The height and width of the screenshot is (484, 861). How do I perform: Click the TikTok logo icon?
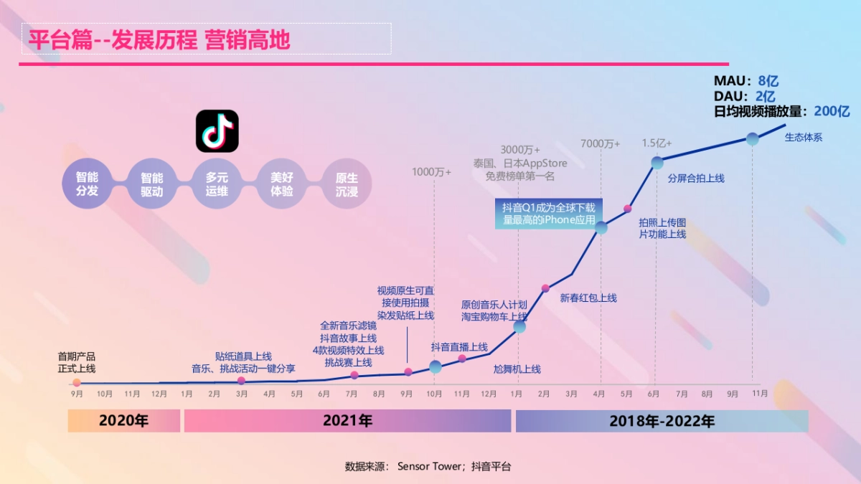[x=217, y=131]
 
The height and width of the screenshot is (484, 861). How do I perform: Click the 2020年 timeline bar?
[x=123, y=421]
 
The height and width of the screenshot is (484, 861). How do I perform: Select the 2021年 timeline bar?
[x=347, y=421]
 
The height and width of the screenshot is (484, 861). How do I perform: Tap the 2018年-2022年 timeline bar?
[x=662, y=421]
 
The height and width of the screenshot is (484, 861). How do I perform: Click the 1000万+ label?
[x=431, y=172]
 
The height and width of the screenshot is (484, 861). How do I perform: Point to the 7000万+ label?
[x=600, y=143]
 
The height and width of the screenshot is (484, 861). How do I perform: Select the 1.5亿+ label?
[x=657, y=143]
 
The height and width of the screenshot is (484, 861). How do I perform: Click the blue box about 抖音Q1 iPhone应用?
[x=549, y=214]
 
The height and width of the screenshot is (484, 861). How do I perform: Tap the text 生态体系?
[x=804, y=138]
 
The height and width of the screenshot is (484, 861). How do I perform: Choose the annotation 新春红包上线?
[x=588, y=298]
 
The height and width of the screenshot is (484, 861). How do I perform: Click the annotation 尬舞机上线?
[x=517, y=369]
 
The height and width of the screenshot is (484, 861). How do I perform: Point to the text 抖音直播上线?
[x=459, y=347]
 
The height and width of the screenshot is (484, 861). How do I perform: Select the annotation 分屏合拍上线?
[x=696, y=178]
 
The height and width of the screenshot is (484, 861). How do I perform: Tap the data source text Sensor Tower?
[x=430, y=466]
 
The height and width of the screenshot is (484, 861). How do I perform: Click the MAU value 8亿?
[x=768, y=81]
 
